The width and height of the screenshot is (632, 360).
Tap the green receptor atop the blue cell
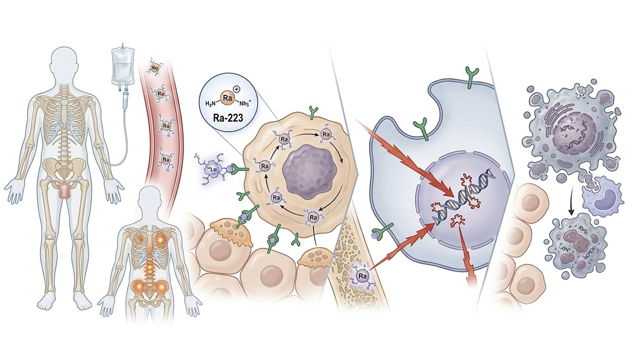click(472, 75)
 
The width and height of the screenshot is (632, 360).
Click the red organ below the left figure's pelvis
click(65, 190)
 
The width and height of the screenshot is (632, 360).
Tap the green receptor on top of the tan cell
click(313, 113)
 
